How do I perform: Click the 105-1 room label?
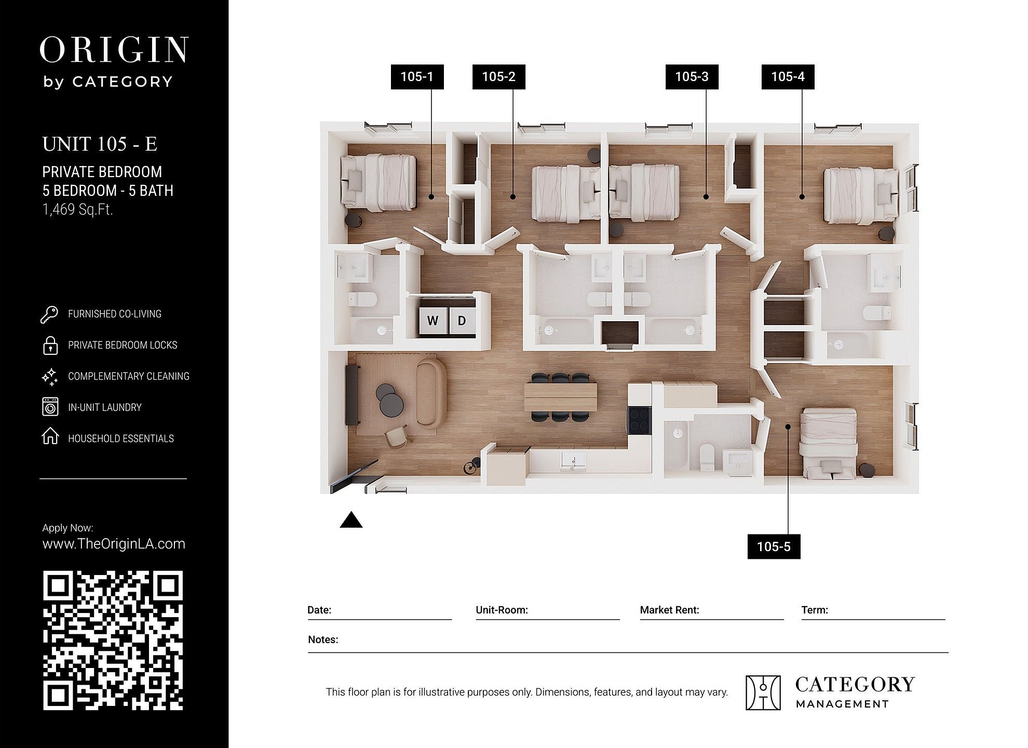click(x=417, y=77)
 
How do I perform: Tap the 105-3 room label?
click(x=692, y=77)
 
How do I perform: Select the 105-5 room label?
click(x=774, y=546)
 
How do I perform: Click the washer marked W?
click(x=433, y=320)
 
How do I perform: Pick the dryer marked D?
click(x=462, y=320)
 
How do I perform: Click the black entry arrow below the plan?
click(x=351, y=520)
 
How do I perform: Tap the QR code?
click(x=113, y=640)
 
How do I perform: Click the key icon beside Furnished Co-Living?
click(x=49, y=315)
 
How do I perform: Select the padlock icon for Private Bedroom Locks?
click(x=50, y=345)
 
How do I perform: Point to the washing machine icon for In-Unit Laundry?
click(x=50, y=407)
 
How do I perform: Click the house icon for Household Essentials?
click(x=50, y=436)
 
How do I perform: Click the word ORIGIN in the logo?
click(x=114, y=50)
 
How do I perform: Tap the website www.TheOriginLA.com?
click(x=114, y=544)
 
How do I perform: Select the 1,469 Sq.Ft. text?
click(x=78, y=209)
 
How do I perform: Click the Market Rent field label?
click(x=669, y=610)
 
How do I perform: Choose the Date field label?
click(x=319, y=610)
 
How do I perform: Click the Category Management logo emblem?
click(x=763, y=692)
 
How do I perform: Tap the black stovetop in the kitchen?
click(x=639, y=420)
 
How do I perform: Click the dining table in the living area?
click(x=561, y=397)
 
